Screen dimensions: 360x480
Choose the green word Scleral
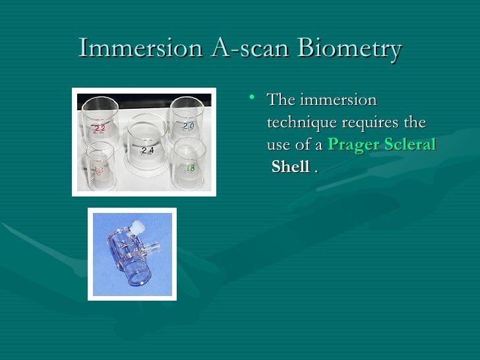tap(411, 144)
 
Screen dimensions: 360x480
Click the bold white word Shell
tap(290, 167)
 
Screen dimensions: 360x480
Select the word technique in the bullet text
tap(302, 123)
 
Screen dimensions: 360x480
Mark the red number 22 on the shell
tap(99, 129)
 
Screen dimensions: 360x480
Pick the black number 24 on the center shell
tap(148, 151)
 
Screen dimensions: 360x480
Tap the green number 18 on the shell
tap(190, 168)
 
